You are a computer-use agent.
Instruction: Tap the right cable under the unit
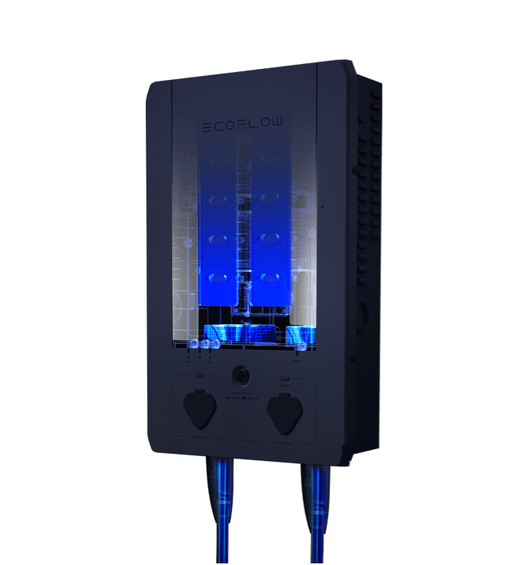click(x=314, y=512)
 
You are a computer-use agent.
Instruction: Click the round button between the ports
click(x=239, y=375)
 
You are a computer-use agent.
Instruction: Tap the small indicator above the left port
click(x=199, y=374)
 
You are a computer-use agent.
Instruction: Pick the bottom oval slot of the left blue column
click(x=215, y=278)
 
